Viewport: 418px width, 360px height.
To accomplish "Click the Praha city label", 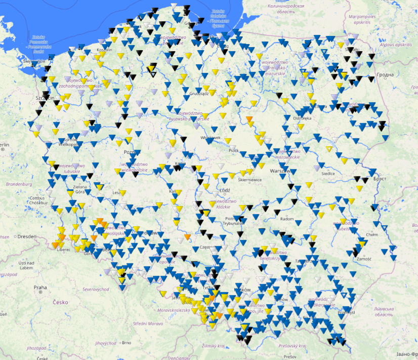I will [x=40, y=288].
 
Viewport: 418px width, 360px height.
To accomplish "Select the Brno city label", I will [x=126, y=343].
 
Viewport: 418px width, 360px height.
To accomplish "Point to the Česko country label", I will [x=60, y=302].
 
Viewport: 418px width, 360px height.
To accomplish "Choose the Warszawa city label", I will [x=279, y=171].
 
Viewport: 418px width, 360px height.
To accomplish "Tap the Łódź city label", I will [x=225, y=190].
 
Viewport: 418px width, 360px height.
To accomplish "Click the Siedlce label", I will [x=328, y=173].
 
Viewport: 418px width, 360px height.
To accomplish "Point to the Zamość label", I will [x=363, y=259].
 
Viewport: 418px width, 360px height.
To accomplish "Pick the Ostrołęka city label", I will [x=302, y=118].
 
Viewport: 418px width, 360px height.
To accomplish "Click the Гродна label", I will [x=385, y=75].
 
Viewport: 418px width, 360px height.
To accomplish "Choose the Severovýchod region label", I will [x=95, y=289].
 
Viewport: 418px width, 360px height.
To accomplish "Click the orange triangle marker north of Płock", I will [x=249, y=119].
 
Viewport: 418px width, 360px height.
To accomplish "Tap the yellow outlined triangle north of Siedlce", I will [x=329, y=149].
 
